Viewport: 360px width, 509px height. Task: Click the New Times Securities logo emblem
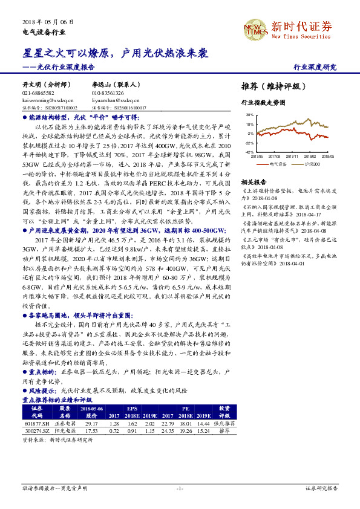pyautogui.click(x=253, y=28)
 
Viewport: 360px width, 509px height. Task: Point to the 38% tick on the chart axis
pyautogui.click(x=250, y=114)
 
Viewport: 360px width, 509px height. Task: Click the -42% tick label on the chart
pyautogui.click(x=249, y=152)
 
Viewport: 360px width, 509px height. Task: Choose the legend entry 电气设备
pyautogui.click(x=277, y=164)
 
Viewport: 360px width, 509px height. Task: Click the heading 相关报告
pyautogui.click(x=254, y=182)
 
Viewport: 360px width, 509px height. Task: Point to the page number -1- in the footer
pyautogui.click(x=179, y=488)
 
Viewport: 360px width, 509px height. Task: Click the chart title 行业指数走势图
pyautogui.click(x=263, y=103)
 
